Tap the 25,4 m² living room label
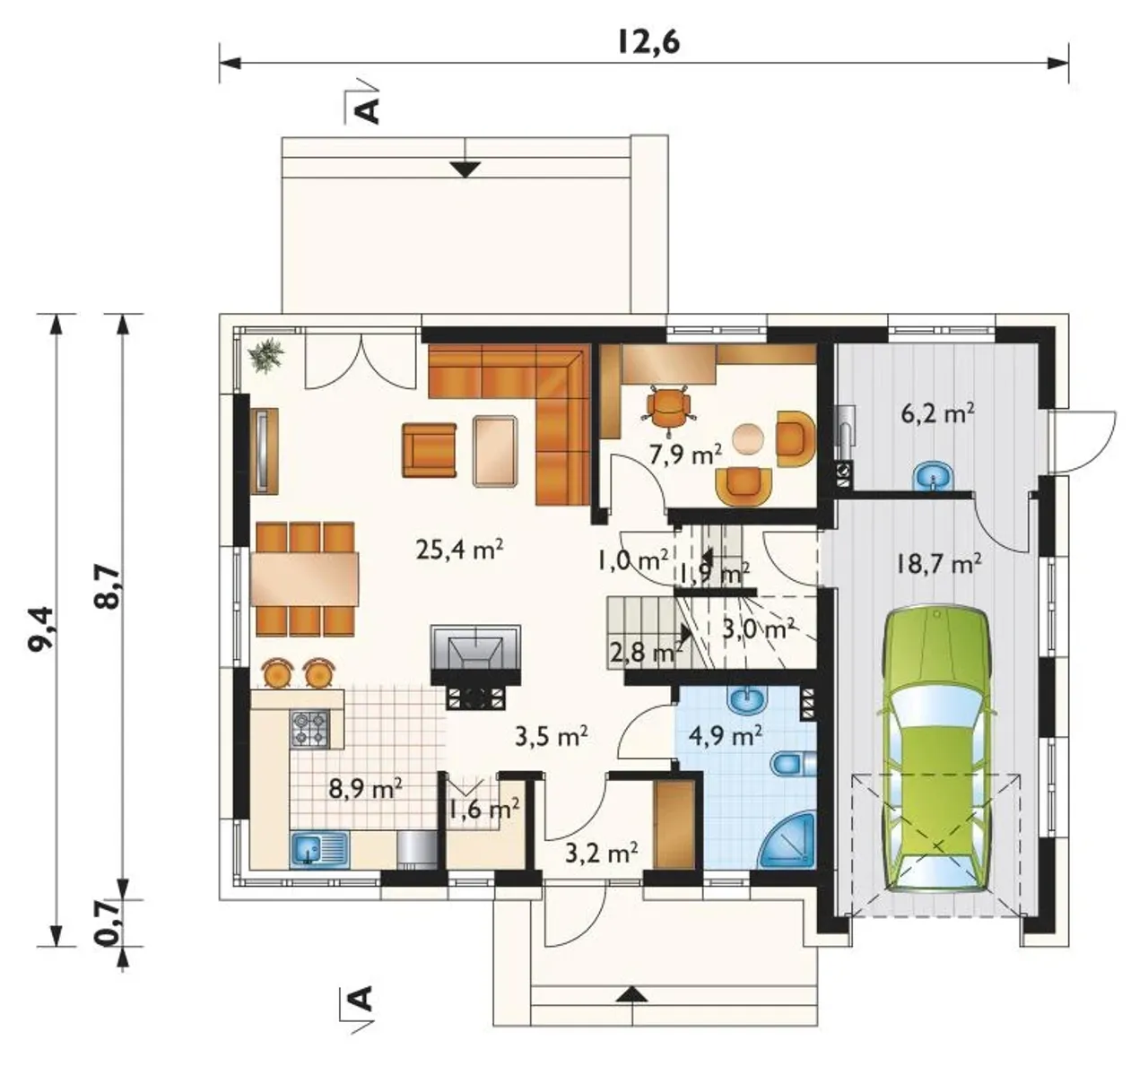[x=459, y=550]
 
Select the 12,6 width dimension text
[x=648, y=42]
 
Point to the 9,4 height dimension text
[x=41, y=628]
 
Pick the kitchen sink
[x=318, y=849]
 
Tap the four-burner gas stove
[x=310, y=728]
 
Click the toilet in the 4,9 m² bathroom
[x=793, y=763]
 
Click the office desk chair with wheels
[x=668, y=405]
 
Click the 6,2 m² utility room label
[x=937, y=413]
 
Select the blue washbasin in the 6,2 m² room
[x=932, y=476]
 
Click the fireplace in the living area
[x=475, y=666]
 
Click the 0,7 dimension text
[x=109, y=924]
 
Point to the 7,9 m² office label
[x=685, y=455]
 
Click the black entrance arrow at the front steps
[x=634, y=993]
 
